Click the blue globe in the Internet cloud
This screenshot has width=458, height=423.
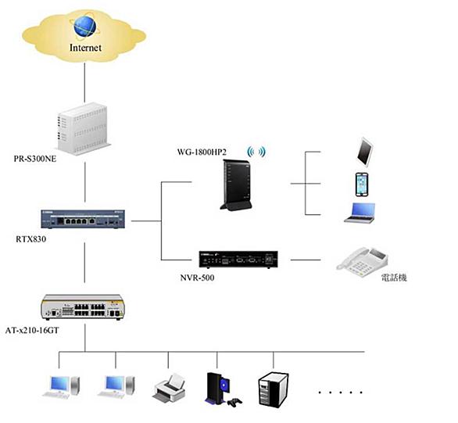[84, 27]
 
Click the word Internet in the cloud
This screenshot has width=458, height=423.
[85, 48]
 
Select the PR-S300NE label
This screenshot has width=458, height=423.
[35, 159]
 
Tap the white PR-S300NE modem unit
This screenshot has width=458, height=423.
[84, 128]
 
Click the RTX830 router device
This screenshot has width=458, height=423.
[83, 219]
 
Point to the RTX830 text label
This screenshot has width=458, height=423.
[31, 239]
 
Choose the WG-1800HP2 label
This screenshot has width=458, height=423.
[202, 152]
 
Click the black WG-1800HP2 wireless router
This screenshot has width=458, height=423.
[236, 185]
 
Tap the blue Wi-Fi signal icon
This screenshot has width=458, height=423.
[256, 152]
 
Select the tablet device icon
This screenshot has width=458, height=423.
[365, 152]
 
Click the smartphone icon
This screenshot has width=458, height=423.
[362, 185]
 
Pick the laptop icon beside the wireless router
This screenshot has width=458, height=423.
[360, 213]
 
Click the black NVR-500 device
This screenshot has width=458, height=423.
[238, 260]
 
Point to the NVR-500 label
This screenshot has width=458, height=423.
[198, 278]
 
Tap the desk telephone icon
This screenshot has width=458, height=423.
[362, 262]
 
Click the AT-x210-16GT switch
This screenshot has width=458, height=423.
[83, 307]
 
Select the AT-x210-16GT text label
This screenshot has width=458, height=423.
[32, 331]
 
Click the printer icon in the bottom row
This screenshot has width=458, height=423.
[169, 388]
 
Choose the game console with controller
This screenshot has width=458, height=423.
[223, 389]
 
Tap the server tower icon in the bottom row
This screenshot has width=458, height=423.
[274, 390]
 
